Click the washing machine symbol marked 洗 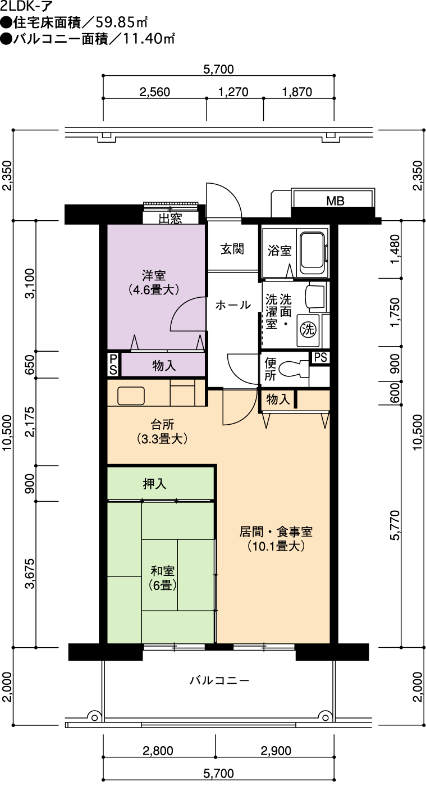[308, 329]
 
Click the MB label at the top [335, 201]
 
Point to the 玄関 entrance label [232, 249]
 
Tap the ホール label [233, 305]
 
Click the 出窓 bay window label [170, 219]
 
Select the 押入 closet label [155, 484]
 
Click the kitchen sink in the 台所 [131, 396]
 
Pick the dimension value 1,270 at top [233, 92]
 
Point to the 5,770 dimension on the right [395, 525]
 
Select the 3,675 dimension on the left [30, 574]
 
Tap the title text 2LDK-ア [27, 7]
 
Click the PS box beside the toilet [320, 357]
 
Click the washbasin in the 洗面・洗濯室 [315, 297]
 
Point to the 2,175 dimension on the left [30, 421]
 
